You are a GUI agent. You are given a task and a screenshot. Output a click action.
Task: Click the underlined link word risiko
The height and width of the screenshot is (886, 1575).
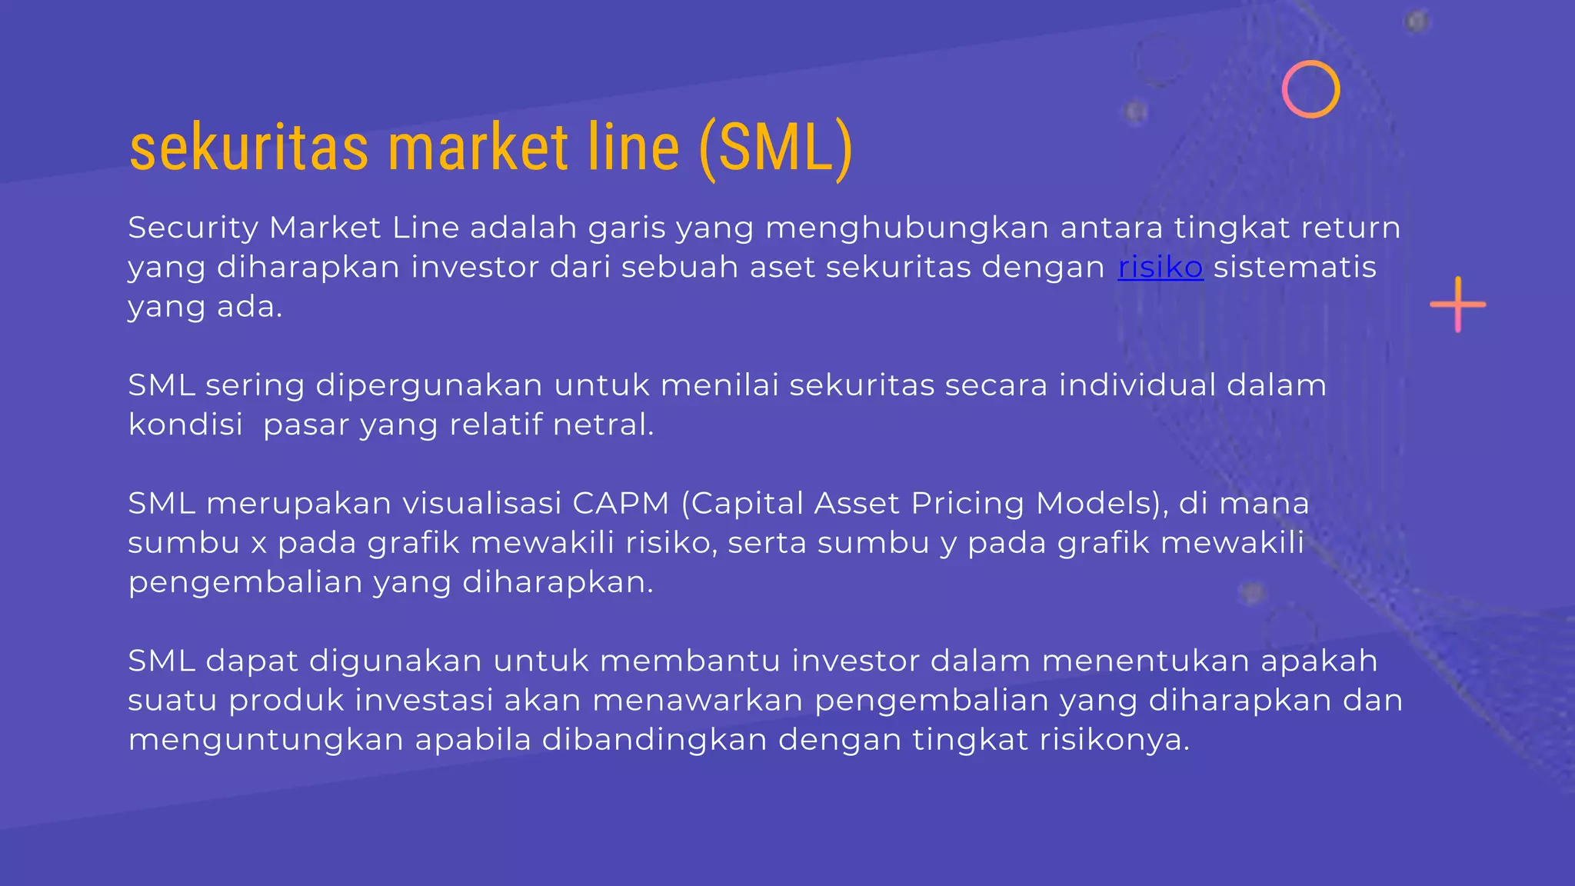coord(1160,267)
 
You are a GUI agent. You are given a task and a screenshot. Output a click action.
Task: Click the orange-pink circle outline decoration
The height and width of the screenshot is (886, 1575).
coord(1310,89)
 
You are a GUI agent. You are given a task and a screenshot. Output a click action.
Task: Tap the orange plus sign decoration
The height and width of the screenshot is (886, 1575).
coord(1457,305)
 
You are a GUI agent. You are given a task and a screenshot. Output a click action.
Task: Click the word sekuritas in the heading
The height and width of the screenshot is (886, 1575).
coord(249,148)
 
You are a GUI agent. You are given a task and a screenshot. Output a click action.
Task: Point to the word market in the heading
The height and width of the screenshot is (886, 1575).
coord(478,148)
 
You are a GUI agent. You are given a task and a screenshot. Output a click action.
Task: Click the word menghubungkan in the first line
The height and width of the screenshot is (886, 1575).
coord(907,228)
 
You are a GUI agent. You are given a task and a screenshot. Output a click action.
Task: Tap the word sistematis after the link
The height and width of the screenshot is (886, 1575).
coord(1294,267)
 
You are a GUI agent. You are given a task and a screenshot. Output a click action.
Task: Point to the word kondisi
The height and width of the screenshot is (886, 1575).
coord(185,425)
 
